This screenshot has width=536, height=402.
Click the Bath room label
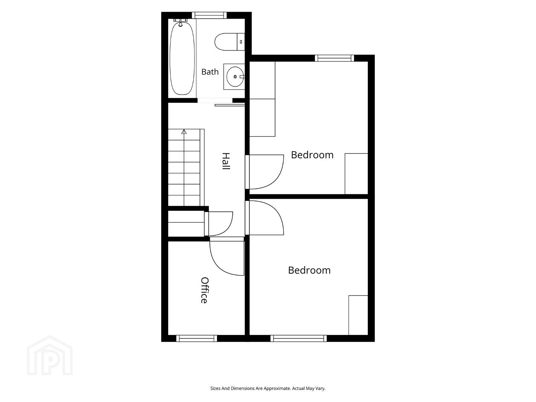point(210,72)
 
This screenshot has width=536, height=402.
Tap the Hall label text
point(226,161)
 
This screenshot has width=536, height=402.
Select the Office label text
point(204,290)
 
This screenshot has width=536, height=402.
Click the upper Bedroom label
point(312,155)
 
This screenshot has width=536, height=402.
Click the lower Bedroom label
point(309,271)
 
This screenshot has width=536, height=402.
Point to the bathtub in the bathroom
point(182,58)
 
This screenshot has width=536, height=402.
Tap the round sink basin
point(235,77)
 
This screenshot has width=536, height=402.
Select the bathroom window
point(209,15)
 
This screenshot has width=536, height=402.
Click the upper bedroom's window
point(334,58)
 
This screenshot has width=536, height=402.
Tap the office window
point(197,338)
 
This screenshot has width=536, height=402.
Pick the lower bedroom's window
point(299,338)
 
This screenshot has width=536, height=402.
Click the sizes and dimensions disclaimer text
point(268,388)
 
